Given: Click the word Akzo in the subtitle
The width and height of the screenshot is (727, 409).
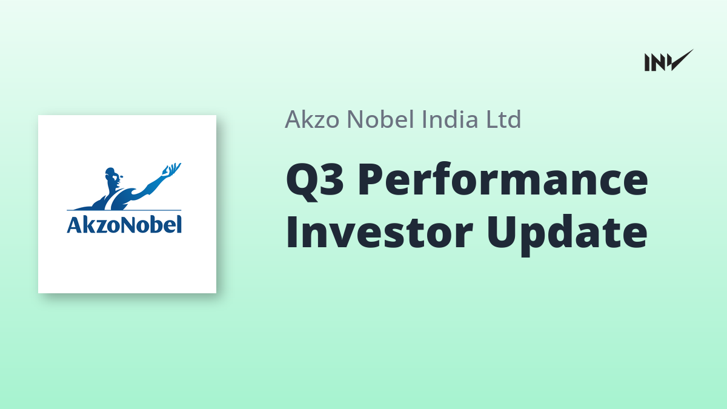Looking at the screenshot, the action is (x=312, y=119).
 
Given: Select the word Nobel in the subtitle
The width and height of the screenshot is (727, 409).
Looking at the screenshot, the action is (x=380, y=119).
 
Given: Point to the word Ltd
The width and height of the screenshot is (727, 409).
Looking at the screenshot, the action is (x=503, y=119).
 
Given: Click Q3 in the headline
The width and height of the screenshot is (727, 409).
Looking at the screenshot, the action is (x=314, y=180).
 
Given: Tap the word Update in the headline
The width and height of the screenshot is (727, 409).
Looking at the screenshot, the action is (x=567, y=234).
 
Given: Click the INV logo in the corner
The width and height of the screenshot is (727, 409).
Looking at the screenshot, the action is (x=669, y=61).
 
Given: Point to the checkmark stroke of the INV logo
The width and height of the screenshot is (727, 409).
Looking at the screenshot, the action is (x=681, y=61).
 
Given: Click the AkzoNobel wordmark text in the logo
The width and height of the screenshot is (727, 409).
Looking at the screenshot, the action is (x=124, y=225).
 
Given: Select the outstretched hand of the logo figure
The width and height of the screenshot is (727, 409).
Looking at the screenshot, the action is (x=172, y=170).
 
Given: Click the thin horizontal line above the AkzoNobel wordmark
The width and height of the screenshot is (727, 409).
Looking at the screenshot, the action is (x=124, y=210).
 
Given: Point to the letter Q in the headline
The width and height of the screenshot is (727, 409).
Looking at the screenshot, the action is (x=299, y=182).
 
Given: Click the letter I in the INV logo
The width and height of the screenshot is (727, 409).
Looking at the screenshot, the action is (x=647, y=62).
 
